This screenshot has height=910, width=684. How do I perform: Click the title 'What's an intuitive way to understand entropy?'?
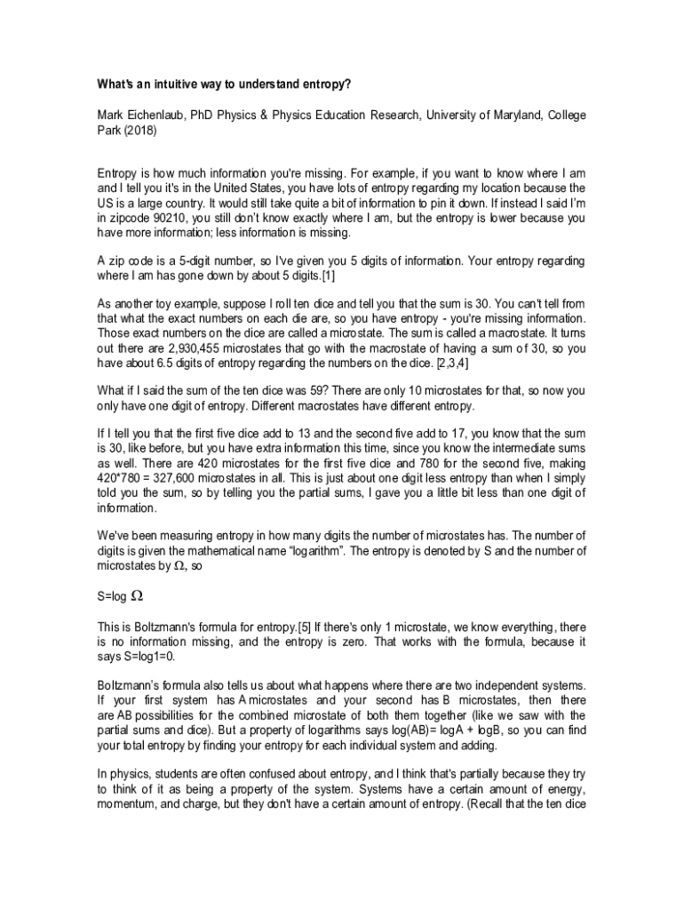click(224, 85)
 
